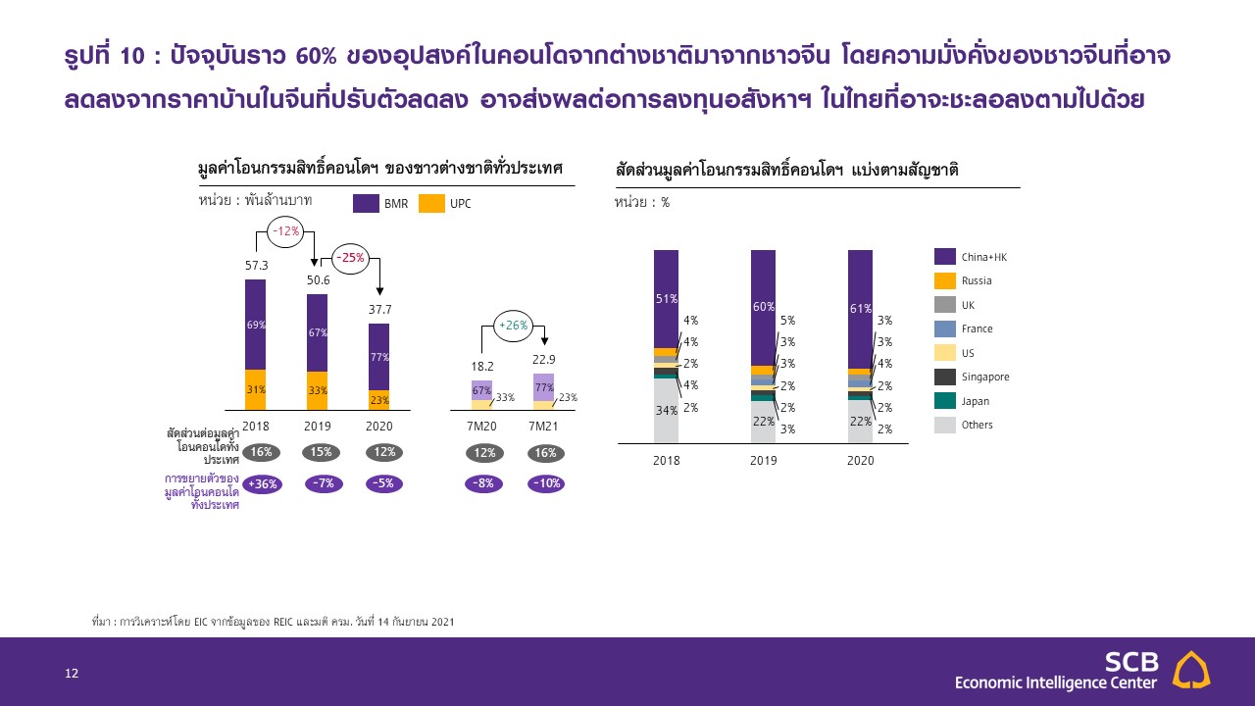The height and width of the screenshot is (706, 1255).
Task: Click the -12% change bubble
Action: (285, 231)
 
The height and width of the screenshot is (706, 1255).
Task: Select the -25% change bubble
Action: (350, 258)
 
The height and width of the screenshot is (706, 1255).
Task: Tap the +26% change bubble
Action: (514, 325)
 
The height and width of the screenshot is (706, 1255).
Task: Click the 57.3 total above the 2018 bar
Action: (256, 266)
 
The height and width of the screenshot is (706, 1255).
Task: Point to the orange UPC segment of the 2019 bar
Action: (317, 390)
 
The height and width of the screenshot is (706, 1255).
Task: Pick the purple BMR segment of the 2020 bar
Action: (379, 357)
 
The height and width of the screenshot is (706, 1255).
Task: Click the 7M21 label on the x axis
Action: (544, 427)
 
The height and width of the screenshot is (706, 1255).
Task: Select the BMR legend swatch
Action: (367, 204)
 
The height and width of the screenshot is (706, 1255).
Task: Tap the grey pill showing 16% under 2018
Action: (261, 453)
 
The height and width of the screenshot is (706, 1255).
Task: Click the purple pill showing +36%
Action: (261, 483)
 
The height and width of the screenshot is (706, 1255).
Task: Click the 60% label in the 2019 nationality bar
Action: (764, 307)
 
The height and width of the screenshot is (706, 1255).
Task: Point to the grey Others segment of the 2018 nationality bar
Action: (666, 410)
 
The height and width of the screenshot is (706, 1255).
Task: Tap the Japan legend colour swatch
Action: (945, 401)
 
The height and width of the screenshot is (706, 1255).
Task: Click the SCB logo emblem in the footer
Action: (1192, 671)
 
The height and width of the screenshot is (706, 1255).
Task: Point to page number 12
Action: (71, 673)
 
